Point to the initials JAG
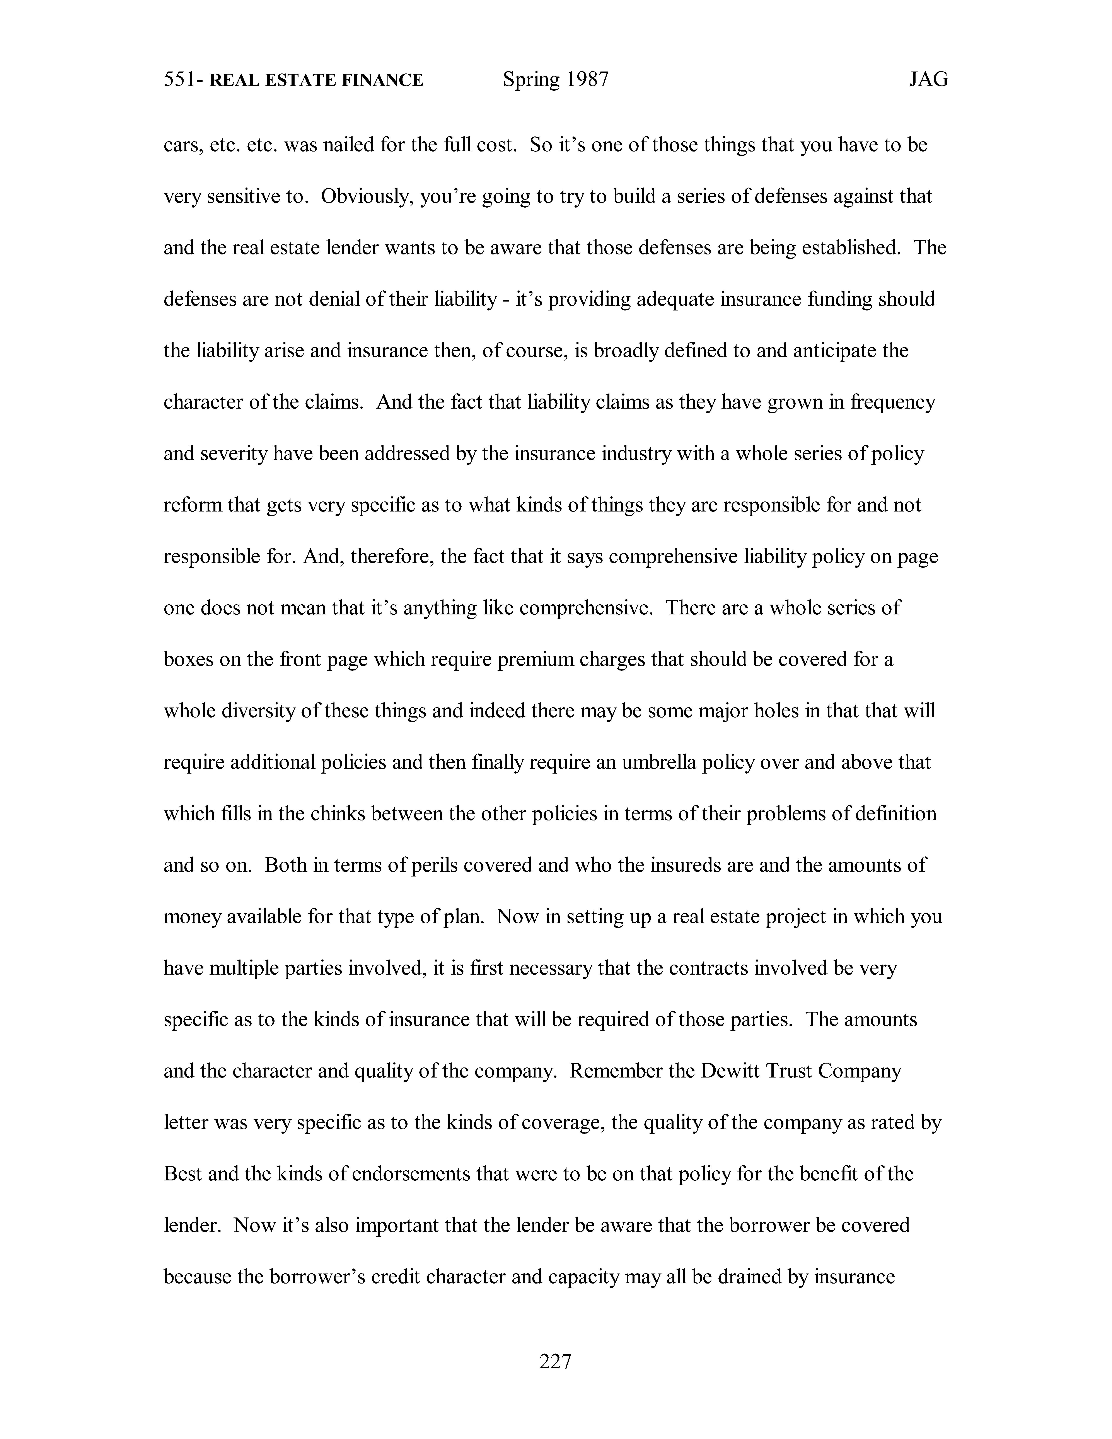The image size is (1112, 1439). coord(928,80)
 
